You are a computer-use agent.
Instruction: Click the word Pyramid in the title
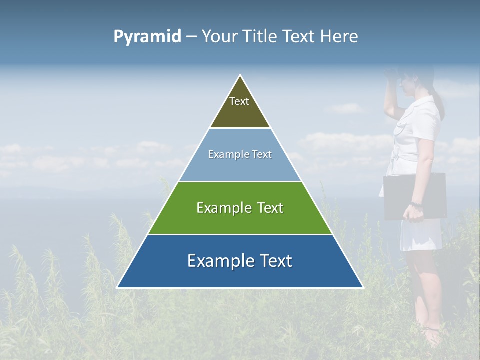(147, 37)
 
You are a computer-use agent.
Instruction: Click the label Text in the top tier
(239, 101)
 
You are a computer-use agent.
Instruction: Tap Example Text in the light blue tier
(240, 154)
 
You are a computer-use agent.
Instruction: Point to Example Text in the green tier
(240, 208)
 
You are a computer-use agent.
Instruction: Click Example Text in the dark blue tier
(240, 261)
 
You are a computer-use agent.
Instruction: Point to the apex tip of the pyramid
(240, 76)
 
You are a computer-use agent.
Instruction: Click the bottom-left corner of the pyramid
(118, 287)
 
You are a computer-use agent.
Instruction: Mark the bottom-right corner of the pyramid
(362, 287)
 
